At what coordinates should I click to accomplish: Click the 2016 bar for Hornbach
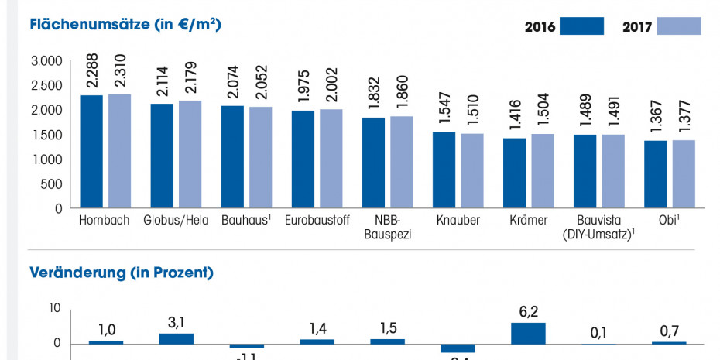[x=91, y=152]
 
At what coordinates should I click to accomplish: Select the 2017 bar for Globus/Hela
[x=190, y=154]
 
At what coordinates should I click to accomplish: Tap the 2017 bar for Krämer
[x=542, y=170]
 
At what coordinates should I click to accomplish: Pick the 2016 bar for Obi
[x=655, y=174]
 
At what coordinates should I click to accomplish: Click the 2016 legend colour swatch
[x=581, y=26]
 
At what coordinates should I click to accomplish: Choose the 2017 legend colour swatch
[x=679, y=26]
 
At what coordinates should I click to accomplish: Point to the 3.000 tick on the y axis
[x=46, y=61]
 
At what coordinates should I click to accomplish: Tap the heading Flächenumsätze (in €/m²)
[x=125, y=25]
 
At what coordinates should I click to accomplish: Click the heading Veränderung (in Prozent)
[x=121, y=273]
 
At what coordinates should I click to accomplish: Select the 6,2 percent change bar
[x=528, y=333]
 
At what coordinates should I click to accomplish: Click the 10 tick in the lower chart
[x=54, y=308]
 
